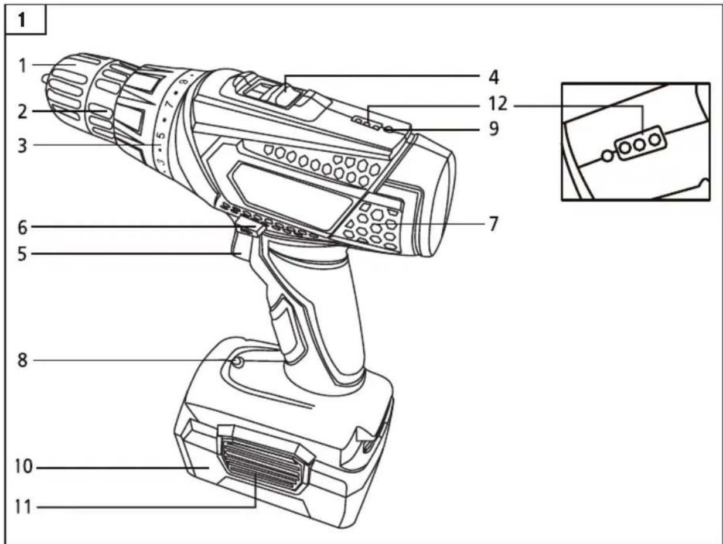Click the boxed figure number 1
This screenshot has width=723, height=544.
pyautogui.click(x=22, y=21)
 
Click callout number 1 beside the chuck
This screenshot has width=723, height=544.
pyautogui.click(x=22, y=65)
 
